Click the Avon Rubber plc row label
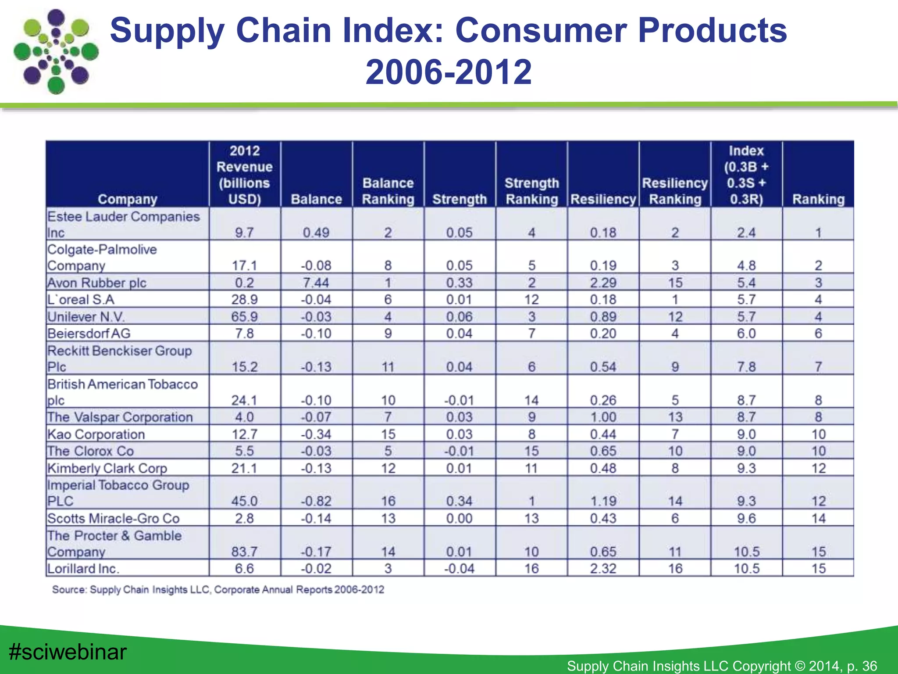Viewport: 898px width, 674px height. tap(97, 283)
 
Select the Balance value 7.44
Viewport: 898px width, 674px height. tap(316, 283)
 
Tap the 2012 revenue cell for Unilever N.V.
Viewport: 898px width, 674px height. tap(244, 316)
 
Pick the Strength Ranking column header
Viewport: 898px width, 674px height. tap(531, 191)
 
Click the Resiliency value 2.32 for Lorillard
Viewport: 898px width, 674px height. tap(603, 568)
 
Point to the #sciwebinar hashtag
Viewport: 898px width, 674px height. tap(68, 652)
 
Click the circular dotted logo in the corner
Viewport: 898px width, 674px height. tap(56, 52)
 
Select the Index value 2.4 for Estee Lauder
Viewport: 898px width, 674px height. tap(746, 233)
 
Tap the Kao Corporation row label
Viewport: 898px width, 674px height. tap(96, 434)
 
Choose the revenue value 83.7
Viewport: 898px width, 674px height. tap(244, 552)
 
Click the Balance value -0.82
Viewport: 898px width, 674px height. tap(316, 501)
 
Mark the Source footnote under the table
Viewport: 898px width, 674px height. tap(218, 589)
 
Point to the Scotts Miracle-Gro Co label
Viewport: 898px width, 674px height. tap(114, 518)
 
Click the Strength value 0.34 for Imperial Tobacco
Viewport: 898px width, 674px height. tap(460, 501)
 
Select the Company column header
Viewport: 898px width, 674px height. tap(127, 199)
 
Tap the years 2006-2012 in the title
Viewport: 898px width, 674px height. tap(449, 72)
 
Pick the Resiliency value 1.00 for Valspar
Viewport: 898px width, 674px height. tap(603, 417)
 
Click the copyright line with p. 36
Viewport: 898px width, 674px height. tap(722, 666)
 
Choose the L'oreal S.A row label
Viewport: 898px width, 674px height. tap(81, 300)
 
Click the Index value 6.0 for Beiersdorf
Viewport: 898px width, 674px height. tap(746, 333)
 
